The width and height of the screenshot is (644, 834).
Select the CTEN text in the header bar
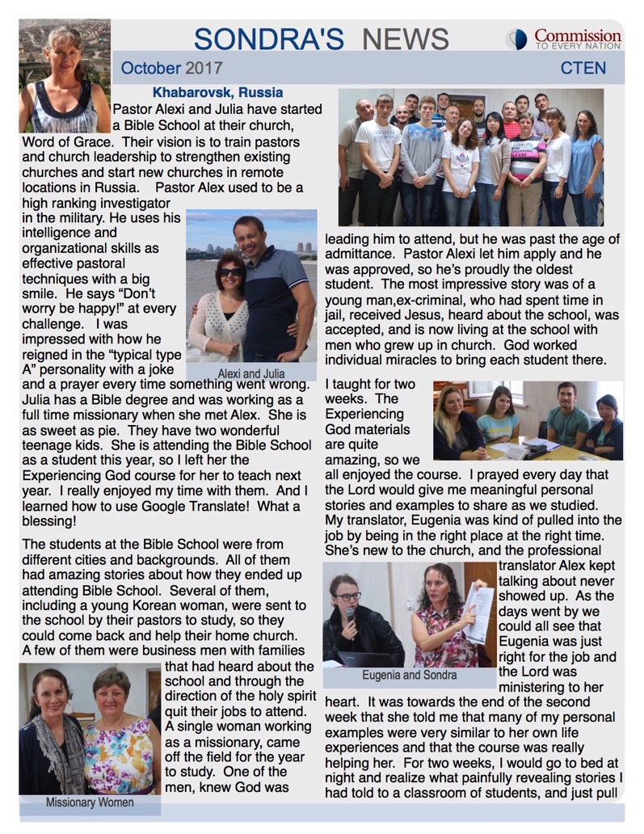[x=583, y=68]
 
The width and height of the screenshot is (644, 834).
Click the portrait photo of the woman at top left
[x=64, y=77]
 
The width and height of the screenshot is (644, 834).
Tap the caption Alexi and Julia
[x=250, y=373]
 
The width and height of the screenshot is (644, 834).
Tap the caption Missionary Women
[x=89, y=802]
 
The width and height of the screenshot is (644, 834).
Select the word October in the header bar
[x=150, y=68]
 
